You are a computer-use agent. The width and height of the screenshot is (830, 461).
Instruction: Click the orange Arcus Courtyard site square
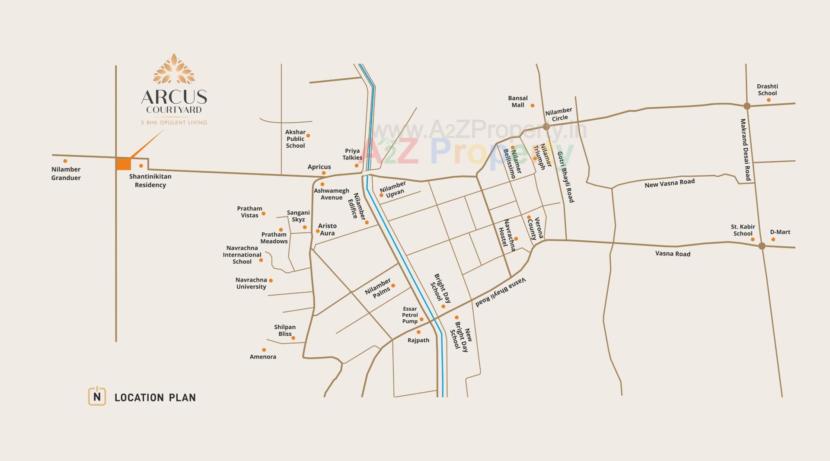[x=124, y=164]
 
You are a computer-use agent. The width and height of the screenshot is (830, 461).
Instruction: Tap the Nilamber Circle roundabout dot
[x=546, y=127]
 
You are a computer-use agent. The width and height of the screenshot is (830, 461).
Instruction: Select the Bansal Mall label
[x=517, y=102]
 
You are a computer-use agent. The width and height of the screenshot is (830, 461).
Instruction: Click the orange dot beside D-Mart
[x=773, y=239]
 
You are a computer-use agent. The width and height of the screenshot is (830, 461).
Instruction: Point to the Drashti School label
[x=767, y=89]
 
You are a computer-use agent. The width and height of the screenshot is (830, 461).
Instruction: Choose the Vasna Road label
[x=673, y=254]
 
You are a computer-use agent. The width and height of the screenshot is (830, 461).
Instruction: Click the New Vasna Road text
[x=669, y=183]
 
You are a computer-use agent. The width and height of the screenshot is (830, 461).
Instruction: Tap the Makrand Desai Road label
[x=745, y=150]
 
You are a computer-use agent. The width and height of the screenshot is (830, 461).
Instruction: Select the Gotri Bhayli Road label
[x=565, y=177]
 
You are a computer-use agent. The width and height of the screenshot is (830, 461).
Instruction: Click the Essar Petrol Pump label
[x=409, y=315]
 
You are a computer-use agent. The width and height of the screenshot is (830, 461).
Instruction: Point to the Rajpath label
[x=418, y=340]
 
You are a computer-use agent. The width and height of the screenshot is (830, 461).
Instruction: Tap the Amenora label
[x=262, y=356]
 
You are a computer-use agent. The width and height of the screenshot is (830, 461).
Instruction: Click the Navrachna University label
[x=251, y=283]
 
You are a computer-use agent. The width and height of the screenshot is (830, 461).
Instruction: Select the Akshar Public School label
[x=295, y=139]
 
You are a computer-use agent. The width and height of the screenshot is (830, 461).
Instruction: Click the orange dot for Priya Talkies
[x=357, y=165]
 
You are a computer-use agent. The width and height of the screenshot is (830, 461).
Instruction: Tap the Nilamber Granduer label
[x=66, y=173]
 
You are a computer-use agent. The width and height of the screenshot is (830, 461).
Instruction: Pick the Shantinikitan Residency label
[x=150, y=181]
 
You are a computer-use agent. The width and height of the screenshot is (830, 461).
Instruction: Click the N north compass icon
[x=97, y=396]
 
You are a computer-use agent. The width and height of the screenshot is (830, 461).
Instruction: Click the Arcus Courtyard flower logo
[x=174, y=69]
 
